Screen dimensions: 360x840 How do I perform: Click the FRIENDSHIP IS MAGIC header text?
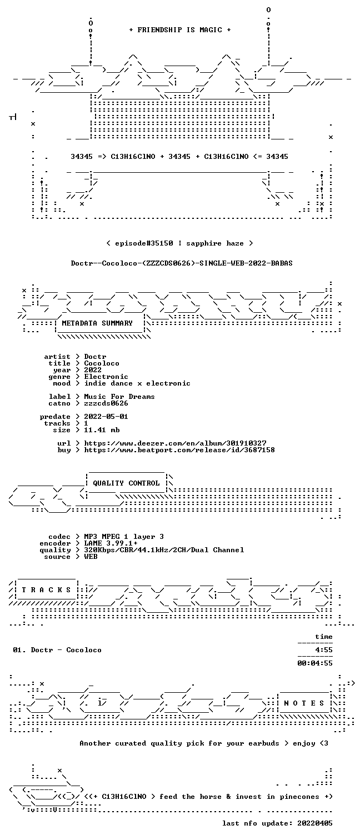(180, 30)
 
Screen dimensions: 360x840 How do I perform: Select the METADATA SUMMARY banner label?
(97, 323)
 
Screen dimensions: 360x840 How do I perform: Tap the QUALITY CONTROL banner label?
(126, 483)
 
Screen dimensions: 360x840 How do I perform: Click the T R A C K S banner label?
(46, 590)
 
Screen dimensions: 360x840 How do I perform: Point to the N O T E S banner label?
(304, 703)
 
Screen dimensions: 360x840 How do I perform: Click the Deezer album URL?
(175, 443)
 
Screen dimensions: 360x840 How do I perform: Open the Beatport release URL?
(179, 450)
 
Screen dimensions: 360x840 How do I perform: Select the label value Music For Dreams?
(119, 397)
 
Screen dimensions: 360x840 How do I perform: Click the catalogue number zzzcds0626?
(106, 403)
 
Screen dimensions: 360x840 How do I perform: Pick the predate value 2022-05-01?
(106, 417)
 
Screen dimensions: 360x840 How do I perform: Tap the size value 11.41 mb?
(102, 430)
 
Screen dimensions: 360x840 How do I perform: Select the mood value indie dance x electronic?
(137, 384)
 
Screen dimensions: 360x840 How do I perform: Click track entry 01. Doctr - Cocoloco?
(57, 650)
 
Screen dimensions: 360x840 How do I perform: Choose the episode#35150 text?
(144, 243)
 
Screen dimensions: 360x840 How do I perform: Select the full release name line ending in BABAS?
(182, 263)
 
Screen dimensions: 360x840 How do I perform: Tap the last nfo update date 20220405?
(315, 823)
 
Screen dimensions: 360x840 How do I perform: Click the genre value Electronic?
(106, 377)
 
